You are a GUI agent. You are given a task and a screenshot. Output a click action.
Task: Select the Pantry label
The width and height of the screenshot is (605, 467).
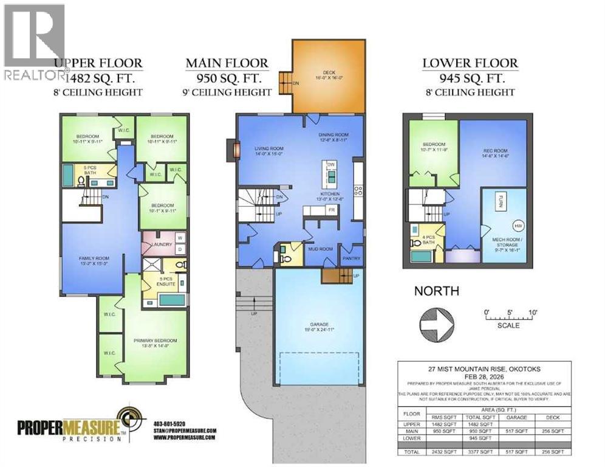click(350, 258)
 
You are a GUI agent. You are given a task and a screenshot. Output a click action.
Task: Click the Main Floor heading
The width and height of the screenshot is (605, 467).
click(227, 63)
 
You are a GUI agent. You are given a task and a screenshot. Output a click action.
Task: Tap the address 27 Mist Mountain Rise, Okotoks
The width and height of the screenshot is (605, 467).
click(484, 367)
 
